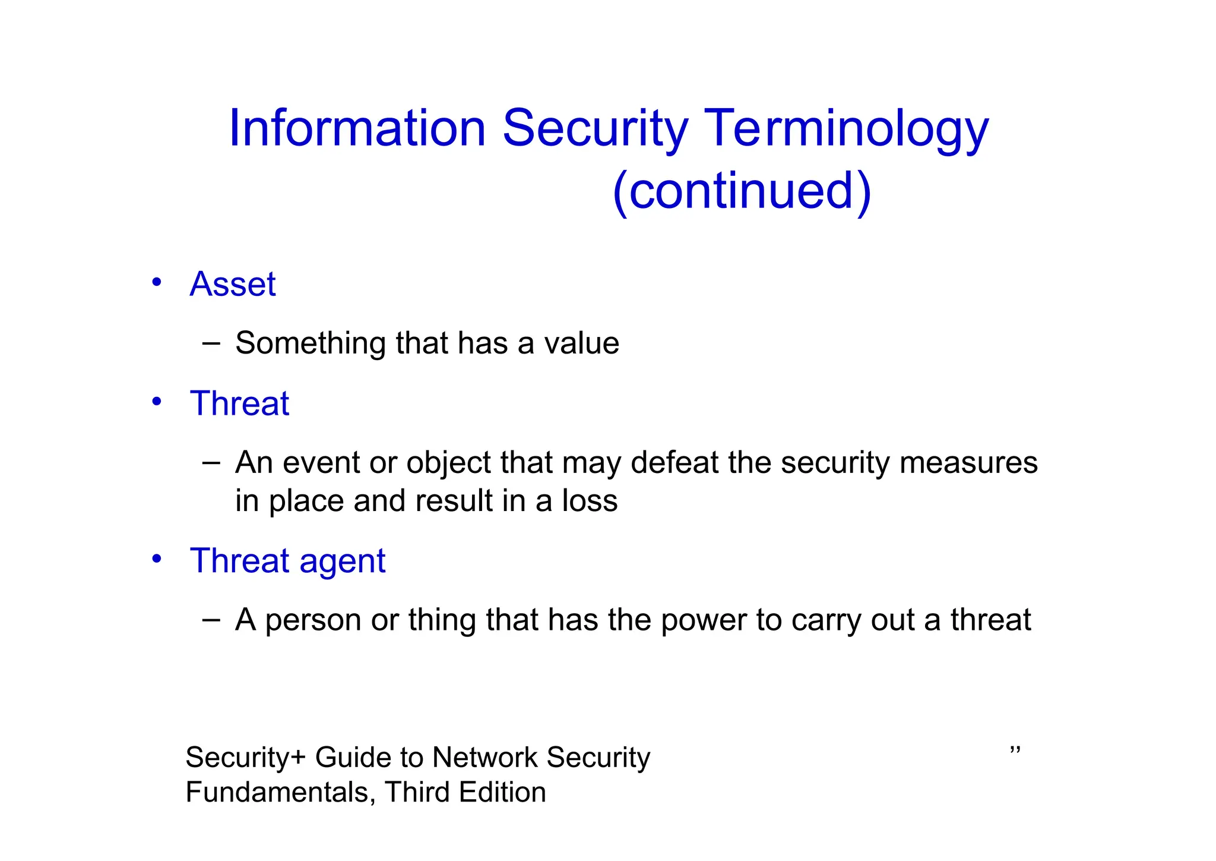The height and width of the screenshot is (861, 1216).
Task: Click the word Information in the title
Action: click(x=357, y=128)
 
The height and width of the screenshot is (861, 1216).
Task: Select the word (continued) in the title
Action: click(x=742, y=191)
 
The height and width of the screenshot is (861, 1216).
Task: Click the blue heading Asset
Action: click(x=232, y=284)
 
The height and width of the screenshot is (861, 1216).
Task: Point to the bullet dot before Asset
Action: click(x=156, y=282)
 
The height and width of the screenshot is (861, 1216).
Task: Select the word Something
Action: click(x=310, y=343)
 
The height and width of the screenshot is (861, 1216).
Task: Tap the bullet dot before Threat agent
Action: click(x=156, y=559)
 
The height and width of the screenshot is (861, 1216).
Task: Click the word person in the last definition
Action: click(x=313, y=620)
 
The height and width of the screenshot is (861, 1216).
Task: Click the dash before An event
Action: click(x=211, y=462)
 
